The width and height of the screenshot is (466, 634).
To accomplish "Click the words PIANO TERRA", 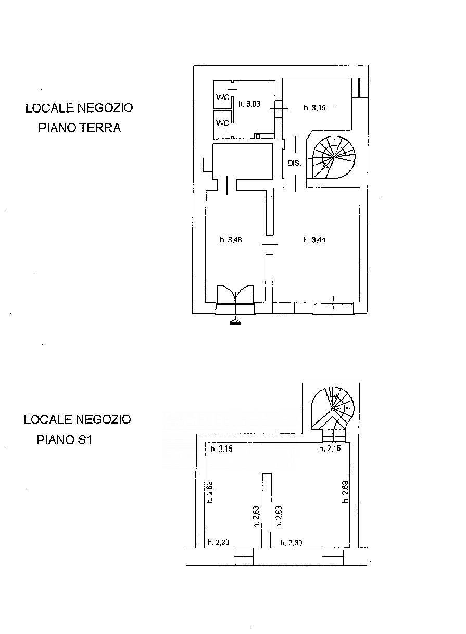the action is point(80,128).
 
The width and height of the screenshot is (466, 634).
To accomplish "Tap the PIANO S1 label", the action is point(65,440).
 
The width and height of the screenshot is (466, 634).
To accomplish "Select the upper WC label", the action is point(223,97).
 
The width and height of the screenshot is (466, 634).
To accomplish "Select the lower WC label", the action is point(223,123).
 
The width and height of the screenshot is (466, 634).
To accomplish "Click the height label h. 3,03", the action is point(249,104).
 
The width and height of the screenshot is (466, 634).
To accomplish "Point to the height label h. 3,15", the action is point(314,107).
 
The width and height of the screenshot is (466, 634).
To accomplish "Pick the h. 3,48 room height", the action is point(231,240).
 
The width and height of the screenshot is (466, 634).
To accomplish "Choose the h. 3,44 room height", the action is point(314,240).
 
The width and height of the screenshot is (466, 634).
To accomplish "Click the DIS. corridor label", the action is point(295,163).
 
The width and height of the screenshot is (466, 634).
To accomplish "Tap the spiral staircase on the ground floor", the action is point(333,157).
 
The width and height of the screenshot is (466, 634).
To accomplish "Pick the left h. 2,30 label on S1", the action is point(218,543).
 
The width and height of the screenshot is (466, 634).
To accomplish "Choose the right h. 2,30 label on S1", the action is point(291,543).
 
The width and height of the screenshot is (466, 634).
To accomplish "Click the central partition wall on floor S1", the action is point(267,511).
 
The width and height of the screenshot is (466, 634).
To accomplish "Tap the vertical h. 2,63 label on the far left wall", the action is point(210,492).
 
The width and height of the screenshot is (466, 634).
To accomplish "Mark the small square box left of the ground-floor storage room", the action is point(208,165).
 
